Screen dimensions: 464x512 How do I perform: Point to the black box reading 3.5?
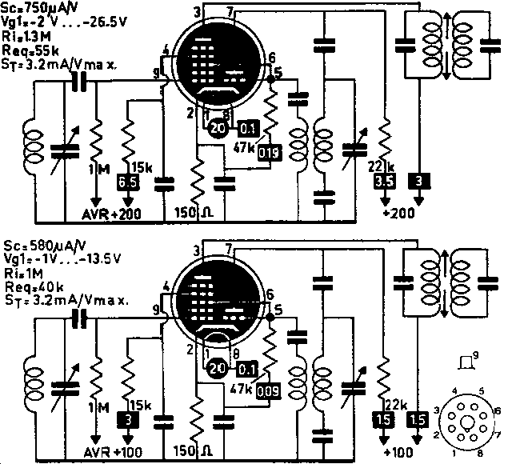click(383, 183)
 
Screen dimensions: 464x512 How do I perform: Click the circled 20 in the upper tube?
click(217, 126)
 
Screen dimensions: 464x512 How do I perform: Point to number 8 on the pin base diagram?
click(478, 454)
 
